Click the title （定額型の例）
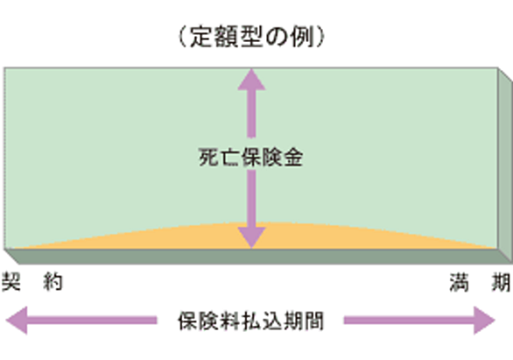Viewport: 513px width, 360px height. coord(251,37)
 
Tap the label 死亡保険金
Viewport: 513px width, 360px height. coord(251,158)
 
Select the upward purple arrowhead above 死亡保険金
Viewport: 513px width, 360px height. coord(251,79)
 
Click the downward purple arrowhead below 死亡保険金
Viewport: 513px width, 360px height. coord(251,237)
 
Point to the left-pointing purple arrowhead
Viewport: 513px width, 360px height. coord(17,321)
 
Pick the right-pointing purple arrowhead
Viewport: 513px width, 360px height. coord(484,321)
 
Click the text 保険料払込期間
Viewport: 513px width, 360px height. coord(251,321)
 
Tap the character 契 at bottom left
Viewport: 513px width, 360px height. coord(11,282)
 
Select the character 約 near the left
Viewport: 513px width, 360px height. coord(53,282)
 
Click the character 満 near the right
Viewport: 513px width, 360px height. coord(460,282)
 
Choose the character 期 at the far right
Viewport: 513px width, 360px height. coord(502,282)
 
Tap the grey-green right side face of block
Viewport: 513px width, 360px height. coord(505,166)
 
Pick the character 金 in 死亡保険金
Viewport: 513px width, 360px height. coord(293,158)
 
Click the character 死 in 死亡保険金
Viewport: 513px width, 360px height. coord(208,158)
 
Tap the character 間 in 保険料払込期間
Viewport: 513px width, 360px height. coord(314,321)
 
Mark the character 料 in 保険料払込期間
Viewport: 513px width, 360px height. coord(230,321)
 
